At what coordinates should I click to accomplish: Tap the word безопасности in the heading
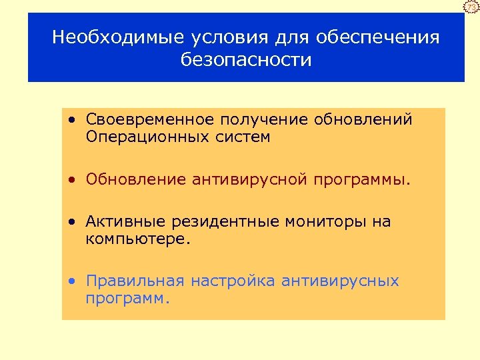click(x=246, y=60)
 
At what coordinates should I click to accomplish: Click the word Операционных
click(x=140, y=137)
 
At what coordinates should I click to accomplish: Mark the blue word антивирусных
click(x=340, y=281)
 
